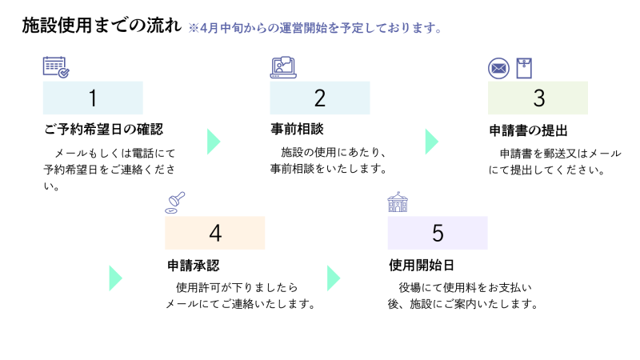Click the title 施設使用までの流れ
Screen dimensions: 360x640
pyautogui.click(x=102, y=26)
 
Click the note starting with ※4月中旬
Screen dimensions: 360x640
pyautogui.click(x=315, y=28)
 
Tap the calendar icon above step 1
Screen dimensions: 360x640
pyautogui.click(x=55, y=66)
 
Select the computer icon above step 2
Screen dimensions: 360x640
pyautogui.click(x=283, y=67)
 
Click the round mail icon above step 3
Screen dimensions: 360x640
pyautogui.click(x=498, y=68)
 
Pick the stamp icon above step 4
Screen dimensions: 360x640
pyautogui.click(x=175, y=202)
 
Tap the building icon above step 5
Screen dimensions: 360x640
pyautogui.click(x=398, y=202)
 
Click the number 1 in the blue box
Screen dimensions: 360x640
pyautogui.click(x=93, y=98)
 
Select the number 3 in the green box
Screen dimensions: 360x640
pyautogui.click(x=538, y=98)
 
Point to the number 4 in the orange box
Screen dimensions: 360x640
pyautogui.click(x=214, y=233)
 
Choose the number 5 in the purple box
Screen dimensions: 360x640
pyautogui.click(x=438, y=233)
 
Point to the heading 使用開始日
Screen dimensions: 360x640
pyautogui.click(x=415, y=265)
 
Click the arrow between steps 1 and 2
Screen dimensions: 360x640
pyautogui.click(x=213, y=141)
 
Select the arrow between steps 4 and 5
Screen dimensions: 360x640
pyautogui.click(x=334, y=278)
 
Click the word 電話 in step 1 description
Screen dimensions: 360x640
pyautogui.click(x=139, y=153)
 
